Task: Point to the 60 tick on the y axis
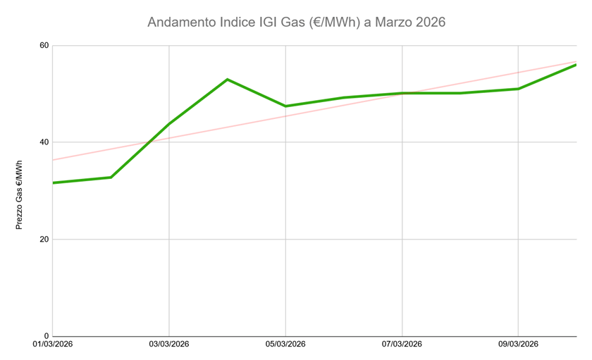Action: click(44, 46)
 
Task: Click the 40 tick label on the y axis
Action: click(44, 142)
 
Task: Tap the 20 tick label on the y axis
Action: click(44, 240)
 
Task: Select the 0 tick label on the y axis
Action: click(47, 336)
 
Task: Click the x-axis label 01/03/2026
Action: click(52, 345)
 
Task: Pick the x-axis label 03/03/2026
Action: click(169, 345)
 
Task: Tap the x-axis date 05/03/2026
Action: click(285, 345)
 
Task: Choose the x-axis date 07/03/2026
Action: click(402, 345)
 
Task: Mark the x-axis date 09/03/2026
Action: click(519, 345)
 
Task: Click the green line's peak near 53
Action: click(228, 80)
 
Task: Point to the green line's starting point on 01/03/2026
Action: click(54, 182)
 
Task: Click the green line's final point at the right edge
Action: click(576, 65)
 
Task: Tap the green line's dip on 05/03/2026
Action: click(285, 106)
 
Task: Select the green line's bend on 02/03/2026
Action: click(111, 177)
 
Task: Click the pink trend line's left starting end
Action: click(54, 160)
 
